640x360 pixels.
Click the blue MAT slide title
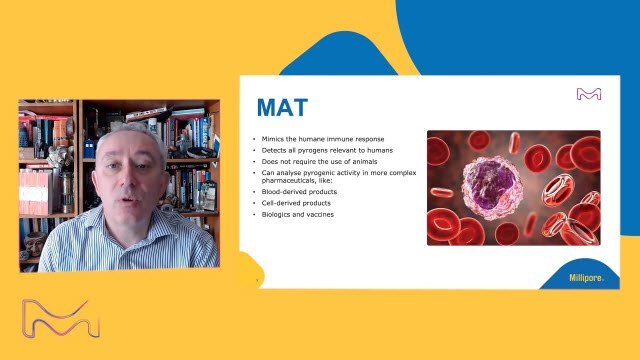point(282,107)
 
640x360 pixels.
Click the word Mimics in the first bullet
point(273,139)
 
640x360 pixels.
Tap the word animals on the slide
point(364,162)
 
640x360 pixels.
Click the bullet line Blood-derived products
point(299,192)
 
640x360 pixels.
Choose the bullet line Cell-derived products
point(296,203)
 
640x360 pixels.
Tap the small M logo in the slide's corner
point(589,94)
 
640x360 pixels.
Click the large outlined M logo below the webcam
point(61,319)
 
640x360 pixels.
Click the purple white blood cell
point(492,187)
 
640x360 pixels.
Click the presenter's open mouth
point(128,200)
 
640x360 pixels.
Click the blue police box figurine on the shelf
point(89,148)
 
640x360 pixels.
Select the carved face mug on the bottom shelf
point(35,243)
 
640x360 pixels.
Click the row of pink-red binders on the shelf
point(35,192)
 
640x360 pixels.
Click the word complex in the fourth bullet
point(402,173)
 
